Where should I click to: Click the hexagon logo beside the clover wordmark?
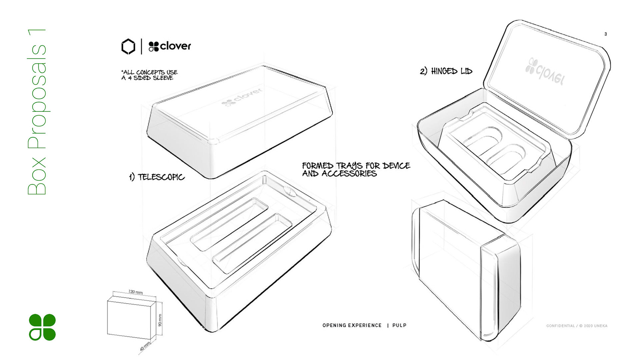tap(128, 46)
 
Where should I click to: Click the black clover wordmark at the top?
tap(170, 46)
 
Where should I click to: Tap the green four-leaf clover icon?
tap(42, 327)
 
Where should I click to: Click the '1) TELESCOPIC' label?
tap(157, 177)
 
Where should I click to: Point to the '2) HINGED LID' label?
tap(446, 71)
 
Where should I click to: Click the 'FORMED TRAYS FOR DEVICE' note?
tap(356, 166)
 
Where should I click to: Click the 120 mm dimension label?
tap(135, 292)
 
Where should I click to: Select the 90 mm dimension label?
tap(160, 320)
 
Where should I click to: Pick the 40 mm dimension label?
tap(145, 346)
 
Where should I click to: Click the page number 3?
tap(605, 34)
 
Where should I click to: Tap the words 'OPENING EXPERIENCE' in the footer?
tap(352, 325)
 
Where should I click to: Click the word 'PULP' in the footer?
tap(399, 325)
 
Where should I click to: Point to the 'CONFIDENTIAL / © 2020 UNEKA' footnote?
tap(577, 326)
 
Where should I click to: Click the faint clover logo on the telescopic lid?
tap(242, 97)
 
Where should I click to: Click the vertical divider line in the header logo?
tap(141, 46)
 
